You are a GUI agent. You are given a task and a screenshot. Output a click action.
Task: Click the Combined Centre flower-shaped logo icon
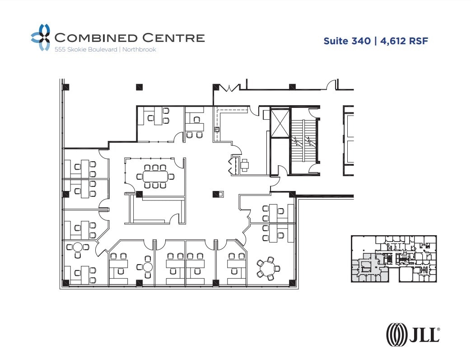40,37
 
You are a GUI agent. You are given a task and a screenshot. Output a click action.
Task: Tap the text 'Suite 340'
347,41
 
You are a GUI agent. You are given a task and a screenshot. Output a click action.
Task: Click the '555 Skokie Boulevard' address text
85,50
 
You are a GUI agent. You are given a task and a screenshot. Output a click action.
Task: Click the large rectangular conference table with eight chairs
155,176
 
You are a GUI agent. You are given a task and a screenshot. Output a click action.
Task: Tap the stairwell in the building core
304,141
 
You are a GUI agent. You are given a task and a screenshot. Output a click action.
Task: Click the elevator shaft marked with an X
280,122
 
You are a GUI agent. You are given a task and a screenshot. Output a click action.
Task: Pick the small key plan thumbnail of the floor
394,259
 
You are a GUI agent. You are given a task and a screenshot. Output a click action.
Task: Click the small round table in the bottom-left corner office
78,247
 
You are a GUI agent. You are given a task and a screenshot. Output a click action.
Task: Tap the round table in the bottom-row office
148,265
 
